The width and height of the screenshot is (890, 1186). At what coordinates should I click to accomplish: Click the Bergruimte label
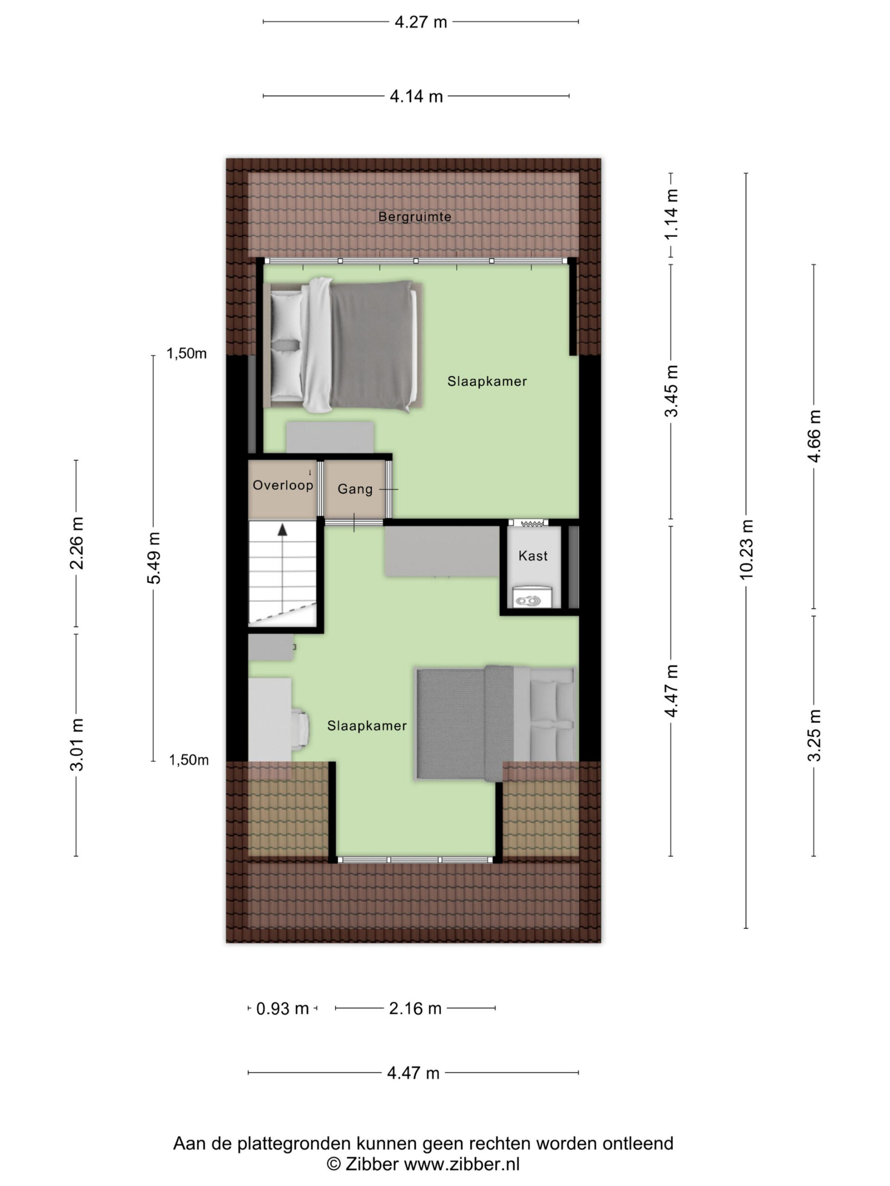[415, 217]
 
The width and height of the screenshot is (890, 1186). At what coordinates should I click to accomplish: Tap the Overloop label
[283, 485]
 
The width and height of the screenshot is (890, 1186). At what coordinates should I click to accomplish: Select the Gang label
[355, 489]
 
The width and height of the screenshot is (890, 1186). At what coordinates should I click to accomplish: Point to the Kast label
[533, 555]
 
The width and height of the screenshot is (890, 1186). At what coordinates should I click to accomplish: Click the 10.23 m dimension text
[746, 549]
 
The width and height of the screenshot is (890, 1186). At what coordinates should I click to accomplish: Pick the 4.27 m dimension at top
[420, 22]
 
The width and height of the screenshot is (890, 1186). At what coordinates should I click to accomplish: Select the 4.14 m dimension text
[416, 96]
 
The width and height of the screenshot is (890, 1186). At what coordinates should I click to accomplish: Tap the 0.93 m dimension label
[283, 1009]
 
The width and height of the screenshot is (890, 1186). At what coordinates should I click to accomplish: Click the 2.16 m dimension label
[415, 1009]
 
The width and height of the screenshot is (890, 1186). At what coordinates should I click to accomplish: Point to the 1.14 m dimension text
[671, 214]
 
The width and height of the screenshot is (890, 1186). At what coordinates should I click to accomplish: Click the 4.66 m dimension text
[814, 436]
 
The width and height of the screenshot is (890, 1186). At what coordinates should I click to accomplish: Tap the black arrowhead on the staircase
[282, 530]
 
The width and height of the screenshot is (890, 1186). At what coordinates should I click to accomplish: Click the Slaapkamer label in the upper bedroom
[487, 381]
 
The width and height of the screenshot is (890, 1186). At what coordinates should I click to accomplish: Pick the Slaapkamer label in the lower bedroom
[367, 725]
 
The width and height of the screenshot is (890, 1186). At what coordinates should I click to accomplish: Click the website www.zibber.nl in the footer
[461, 1164]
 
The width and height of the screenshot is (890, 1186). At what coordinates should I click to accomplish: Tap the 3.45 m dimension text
[671, 391]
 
